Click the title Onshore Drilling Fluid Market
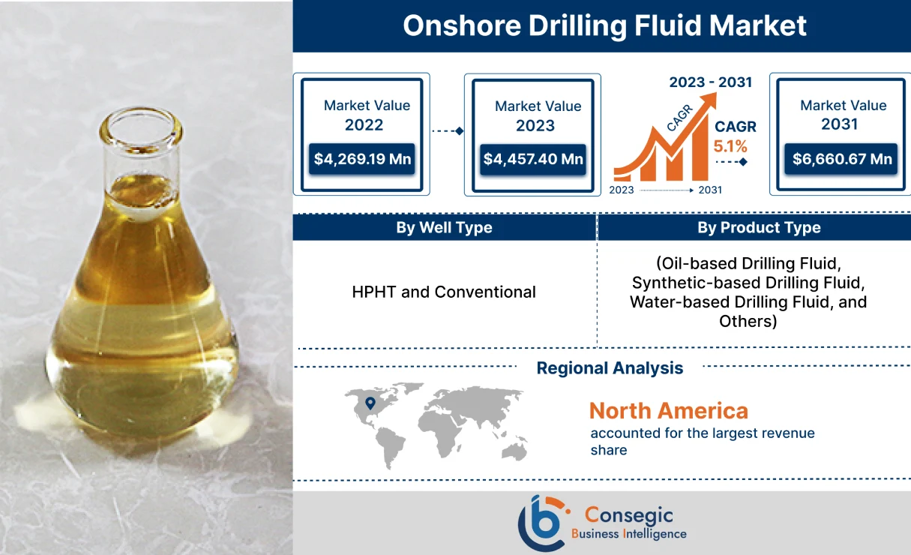pyautogui.click(x=604, y=25)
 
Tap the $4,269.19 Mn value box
pyautogui.click(x=363, y=159)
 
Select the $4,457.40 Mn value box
pyautogui.click(x=533, y=159)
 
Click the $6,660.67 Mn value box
pyautogui.click(x=843, y=159)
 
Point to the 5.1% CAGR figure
pyautogui.click(x=730, y=146)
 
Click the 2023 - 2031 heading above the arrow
pyautogui.click(x=710, y=82)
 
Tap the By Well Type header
pyautogui.click(x=444, y=228)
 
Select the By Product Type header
pyautogui.click(x=759, y=228)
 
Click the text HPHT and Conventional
pyautogui.click(x=444, y=292)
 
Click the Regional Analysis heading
pyautogui.click(x=610, y=368)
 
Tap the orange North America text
pyautogui.click(x=668, y=410)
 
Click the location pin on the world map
pyautogui.click(x=370, y=403)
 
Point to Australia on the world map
pyautogui.click(x=514, y=450)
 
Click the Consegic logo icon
pyautogui.click(x=542, y=523)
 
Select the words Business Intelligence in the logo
pyautogui.click(x=628, y=534)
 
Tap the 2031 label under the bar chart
pyautogui.click(x=709, y=190)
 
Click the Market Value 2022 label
pyautogui.click(x=367, y=115)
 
